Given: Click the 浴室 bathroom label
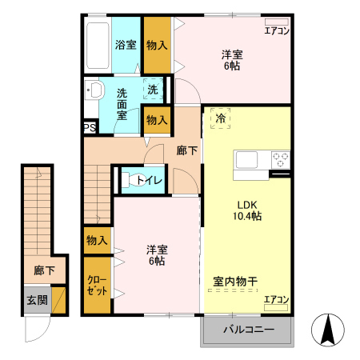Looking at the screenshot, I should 126,45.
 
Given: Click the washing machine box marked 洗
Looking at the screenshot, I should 152,89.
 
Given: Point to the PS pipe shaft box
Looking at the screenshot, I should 90,126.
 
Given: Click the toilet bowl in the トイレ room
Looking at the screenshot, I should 129,180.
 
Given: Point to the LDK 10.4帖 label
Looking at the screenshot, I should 247,209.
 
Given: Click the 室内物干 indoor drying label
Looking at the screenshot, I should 234,281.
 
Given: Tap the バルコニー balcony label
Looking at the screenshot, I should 247,330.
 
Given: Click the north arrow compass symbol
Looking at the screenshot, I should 328,330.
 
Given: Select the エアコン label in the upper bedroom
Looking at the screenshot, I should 277,31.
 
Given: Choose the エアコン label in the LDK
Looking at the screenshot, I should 277,299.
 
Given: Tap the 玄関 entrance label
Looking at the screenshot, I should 36,300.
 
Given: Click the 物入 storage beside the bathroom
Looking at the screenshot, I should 157,45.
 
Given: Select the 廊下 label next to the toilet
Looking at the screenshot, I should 187,150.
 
